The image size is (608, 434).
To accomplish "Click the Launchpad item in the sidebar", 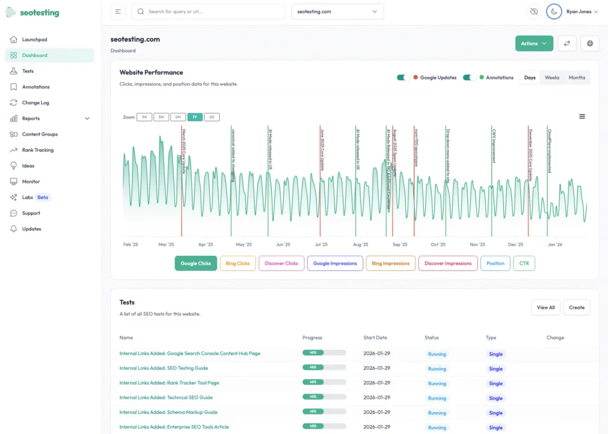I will pos(34,40).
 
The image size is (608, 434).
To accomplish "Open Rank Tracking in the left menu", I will pos(37,150).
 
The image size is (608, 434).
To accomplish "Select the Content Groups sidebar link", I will pos(40,134).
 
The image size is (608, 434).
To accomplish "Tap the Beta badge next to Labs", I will pos(43,197).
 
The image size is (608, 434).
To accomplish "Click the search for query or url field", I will pos(208,11).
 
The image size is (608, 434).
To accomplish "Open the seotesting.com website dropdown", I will pos(337,11).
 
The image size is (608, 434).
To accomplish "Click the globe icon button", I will pos(590,43).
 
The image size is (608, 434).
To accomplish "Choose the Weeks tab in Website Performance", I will pos(552,78).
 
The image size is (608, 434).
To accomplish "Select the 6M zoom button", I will pos(178,117).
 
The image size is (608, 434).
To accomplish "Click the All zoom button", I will pos(212,117).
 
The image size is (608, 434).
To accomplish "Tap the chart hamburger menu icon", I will pos(582,116).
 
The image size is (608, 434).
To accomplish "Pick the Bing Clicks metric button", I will pos(237,264).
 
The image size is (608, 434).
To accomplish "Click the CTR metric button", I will pos(524,264).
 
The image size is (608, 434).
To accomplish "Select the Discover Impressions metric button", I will pos(448,264).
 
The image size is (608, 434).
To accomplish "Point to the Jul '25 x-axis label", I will pos(321,245).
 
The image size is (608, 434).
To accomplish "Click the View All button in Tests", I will pos(545,308).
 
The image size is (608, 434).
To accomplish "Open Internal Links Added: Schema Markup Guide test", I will pos(168,412).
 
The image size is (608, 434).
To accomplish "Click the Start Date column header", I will pos(375,338).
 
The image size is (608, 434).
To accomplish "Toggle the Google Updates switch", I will pos(404,78).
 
